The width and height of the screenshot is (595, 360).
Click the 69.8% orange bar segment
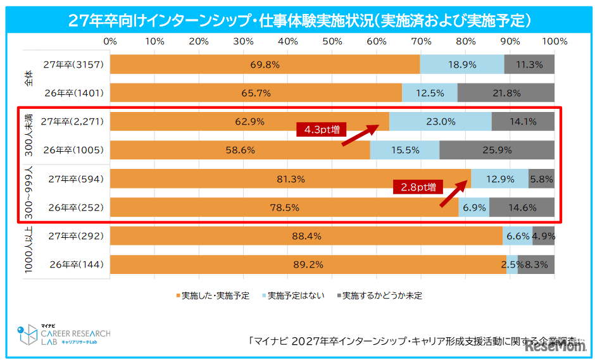(265, 65)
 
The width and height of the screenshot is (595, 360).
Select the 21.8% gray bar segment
(506, 93)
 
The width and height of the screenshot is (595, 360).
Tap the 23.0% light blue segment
(440, 122)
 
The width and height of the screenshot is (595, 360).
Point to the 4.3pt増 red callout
(321, 130)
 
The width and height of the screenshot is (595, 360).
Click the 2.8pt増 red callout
(417, 187)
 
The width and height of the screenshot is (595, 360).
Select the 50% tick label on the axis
(332, 41)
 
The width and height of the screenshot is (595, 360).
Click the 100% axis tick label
(555, 41)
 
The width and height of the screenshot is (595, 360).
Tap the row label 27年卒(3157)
(73, 65)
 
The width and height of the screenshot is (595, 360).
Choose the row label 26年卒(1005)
(73, 151)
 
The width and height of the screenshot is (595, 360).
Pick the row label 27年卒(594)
(75, 179)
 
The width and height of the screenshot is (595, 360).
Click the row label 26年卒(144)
(75, 264)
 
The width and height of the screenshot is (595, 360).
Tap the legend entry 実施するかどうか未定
(379, 295)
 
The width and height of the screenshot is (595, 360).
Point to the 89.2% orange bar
(308, 264)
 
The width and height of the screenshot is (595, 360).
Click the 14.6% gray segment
(522, 208)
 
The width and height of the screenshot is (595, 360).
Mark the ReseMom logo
(551, 345)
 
